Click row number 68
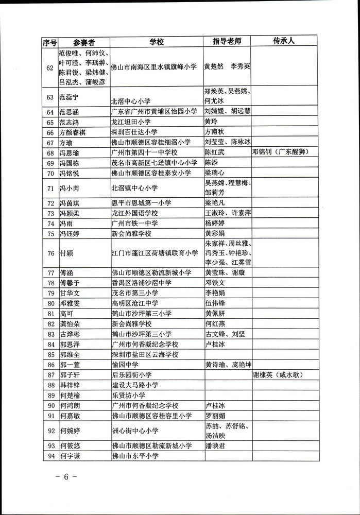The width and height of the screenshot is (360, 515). pos(50,153)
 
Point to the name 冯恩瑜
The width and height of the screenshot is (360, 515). pos(70,153)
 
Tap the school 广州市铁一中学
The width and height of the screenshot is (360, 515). pos(135,223)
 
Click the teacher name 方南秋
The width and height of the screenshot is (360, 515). pos(215,132)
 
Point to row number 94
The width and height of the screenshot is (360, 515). pos(50,456)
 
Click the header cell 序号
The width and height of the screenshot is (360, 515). pos(49,42)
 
